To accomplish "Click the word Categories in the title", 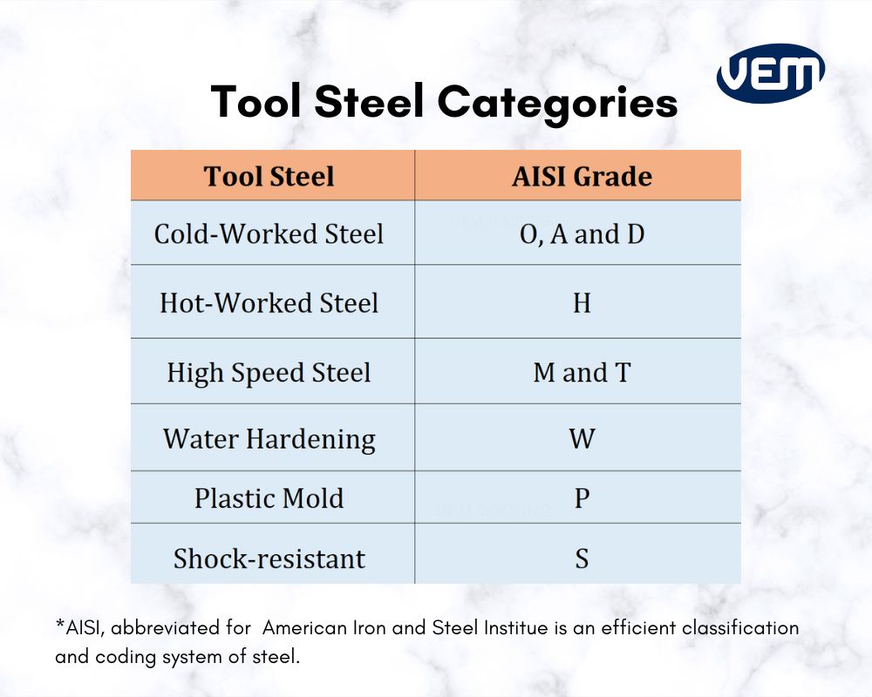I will [x=557, y=102].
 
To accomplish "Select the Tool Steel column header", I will [x=269, y=176].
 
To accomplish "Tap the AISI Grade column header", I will [x=582, y=176].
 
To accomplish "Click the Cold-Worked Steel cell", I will [x=269, y=233].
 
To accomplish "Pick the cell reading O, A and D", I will [x=582, y=233].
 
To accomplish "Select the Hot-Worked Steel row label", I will [x=269, y=303].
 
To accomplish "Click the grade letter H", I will [x=582, y=303].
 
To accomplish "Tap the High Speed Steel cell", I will [x=269, y=372].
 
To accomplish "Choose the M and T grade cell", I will [x=582, y=372].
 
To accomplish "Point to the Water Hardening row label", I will [x=269, y=438].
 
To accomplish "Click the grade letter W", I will [x=582, y=438].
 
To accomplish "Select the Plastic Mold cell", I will [x=269, y=498].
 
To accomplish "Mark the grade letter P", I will [x=582, y=498].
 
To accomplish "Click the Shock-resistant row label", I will [x=269, y=558].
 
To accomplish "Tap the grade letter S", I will [x=582, y=558].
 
